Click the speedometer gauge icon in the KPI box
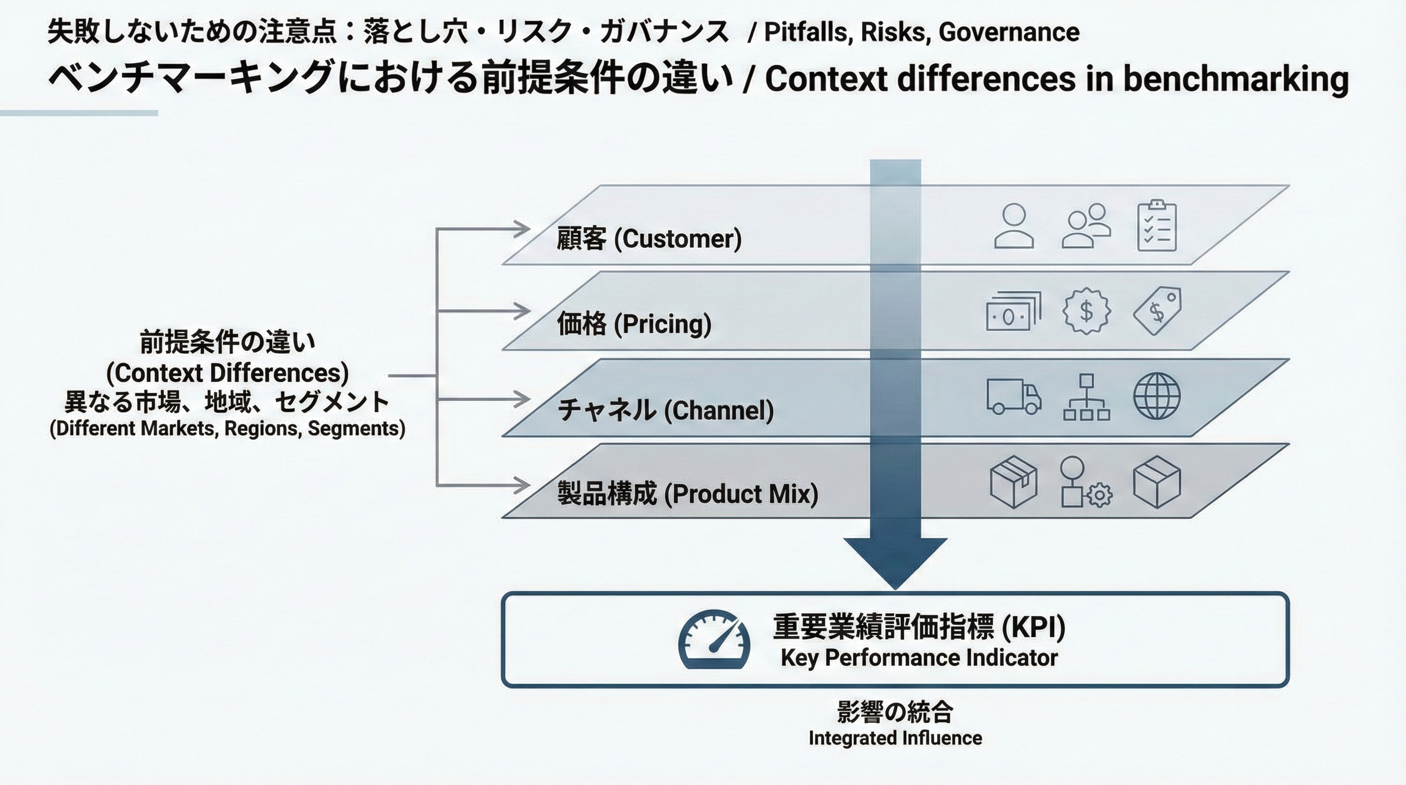click(x=713, y=639)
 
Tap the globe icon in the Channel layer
click(x=1157, y=396)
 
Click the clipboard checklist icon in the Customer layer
click(x=1157, y=226)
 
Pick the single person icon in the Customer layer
click(x=1014, y=226)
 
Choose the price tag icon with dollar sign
click(x=1157, y=311)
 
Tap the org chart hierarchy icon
click(x=1086, y=397)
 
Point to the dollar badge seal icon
click(x=1086, y=311)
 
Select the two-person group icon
click(x=1086, y=226)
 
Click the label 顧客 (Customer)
click(x=649, y=239)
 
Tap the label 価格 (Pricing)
click(x=634, y=324)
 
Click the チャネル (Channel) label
click(x=665, y=410)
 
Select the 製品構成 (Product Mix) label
click(x=688, y=494)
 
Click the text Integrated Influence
click(x=895, y=738)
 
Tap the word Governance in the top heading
click(x=1009, y=32)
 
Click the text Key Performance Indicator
click(x=919, y=658)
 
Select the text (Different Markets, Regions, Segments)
click(x=227, y=428)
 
